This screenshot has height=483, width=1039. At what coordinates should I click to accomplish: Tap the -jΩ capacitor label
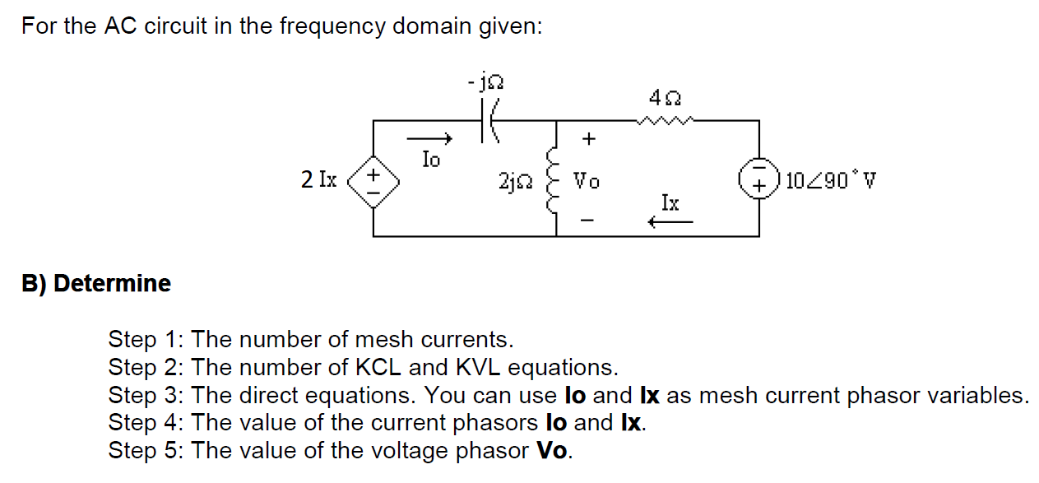coord(485,82)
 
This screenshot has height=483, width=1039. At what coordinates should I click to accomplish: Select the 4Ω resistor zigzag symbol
coord(666,121)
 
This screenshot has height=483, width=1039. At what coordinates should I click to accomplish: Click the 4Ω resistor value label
coord(664,98)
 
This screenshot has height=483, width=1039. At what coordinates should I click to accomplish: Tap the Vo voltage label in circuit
coord(587,181)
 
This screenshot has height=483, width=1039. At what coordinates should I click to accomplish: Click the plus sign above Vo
coord(587,140)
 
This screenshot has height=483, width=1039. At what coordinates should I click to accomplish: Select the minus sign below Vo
coord(587,221)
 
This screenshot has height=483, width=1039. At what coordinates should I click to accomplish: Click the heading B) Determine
coord(96,284)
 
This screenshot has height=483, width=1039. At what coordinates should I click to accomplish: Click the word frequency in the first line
coord(333,26)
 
